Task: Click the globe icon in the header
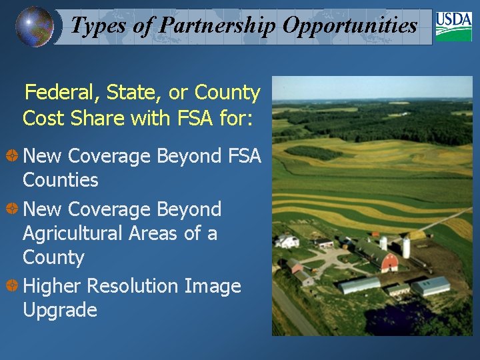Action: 34,26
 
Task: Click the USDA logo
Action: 453,26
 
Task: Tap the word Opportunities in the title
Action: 350,25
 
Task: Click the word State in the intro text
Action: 135,93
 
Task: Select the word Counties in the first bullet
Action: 61,180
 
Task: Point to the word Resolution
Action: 133,286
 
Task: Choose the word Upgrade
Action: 60,310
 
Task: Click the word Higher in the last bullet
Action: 53,286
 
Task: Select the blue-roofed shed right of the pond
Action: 431,287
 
